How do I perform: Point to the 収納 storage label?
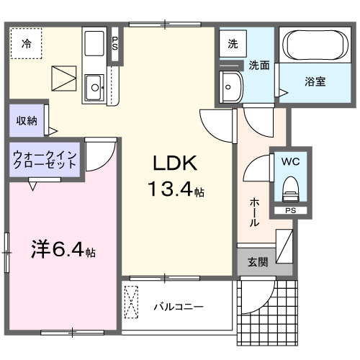tap(27, 120)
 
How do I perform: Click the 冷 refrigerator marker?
tap(27, 44)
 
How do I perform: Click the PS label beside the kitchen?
tap(114, 42)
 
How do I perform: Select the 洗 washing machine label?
tap(233, 44)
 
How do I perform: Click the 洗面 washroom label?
tap(259, 65)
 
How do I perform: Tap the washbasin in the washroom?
tap(232, 88)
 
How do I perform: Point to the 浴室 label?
tap(315, 81)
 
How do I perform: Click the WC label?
tap(290, 162)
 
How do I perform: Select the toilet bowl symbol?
tap(290, 189)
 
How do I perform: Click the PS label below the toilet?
tap(290, 211)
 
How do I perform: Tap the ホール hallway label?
tap(254, 212)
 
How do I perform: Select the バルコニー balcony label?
tap(178, 307)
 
